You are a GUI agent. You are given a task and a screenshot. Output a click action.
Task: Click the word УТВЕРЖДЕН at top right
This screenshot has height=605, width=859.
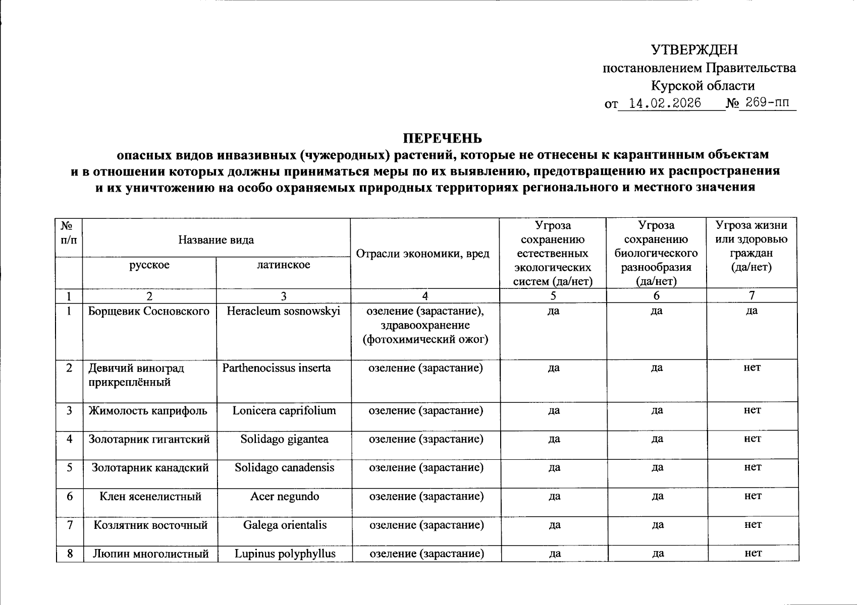pos(694,49)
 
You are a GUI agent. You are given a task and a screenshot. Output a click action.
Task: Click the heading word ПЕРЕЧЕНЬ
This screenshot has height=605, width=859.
pos(442,138)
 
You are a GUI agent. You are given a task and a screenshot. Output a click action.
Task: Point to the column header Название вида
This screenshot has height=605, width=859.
pos(216,239)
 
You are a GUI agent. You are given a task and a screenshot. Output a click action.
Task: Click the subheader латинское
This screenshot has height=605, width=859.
pos(283,265)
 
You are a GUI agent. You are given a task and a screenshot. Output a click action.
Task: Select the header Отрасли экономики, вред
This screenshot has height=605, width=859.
pos(423,254)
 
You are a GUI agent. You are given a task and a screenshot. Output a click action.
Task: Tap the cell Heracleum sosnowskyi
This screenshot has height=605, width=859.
pos(283,311)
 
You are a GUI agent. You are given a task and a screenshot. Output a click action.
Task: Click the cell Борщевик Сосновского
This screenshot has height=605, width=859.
pos(149,311)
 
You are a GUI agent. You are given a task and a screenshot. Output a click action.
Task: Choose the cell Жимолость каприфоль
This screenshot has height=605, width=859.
pos(148,410)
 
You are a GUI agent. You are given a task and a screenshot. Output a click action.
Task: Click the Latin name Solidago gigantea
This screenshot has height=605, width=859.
pos(284,439)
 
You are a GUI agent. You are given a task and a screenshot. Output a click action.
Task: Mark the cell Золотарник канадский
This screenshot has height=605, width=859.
pos(150,467)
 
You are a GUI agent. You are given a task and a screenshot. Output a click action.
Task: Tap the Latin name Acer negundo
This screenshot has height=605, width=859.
pos(285,497)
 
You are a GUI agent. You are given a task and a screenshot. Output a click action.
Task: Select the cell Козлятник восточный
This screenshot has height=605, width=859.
pos(150,525)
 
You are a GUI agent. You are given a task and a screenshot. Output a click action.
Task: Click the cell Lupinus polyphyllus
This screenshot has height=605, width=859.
pos(285,554)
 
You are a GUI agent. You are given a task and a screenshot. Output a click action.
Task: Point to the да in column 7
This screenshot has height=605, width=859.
pos(751,311)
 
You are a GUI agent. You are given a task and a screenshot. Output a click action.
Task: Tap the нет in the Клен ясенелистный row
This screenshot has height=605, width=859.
pos(753,496)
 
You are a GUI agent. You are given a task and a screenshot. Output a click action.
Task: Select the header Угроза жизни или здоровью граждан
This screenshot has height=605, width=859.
pos(751,246)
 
